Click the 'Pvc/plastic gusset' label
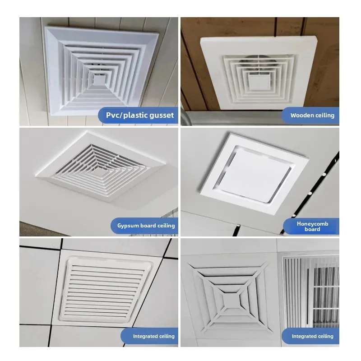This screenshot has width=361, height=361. [140, 115]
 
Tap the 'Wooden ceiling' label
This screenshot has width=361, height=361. [312, 116]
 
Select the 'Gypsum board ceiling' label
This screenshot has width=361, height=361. [146, 226]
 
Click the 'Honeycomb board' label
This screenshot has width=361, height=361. [312, 227]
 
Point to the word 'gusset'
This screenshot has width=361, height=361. [162, 116]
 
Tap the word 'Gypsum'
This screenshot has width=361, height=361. [128, 226]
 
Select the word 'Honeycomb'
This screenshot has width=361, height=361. [312, 223]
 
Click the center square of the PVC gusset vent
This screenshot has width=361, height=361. [98, 80]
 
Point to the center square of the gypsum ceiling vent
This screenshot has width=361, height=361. [99, 171]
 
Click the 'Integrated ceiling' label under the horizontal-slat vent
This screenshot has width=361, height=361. [153, 336]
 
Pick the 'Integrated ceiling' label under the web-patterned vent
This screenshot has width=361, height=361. [312, 336]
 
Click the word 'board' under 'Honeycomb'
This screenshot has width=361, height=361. [312, 229]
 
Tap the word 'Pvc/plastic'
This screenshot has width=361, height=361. [126, 116]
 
